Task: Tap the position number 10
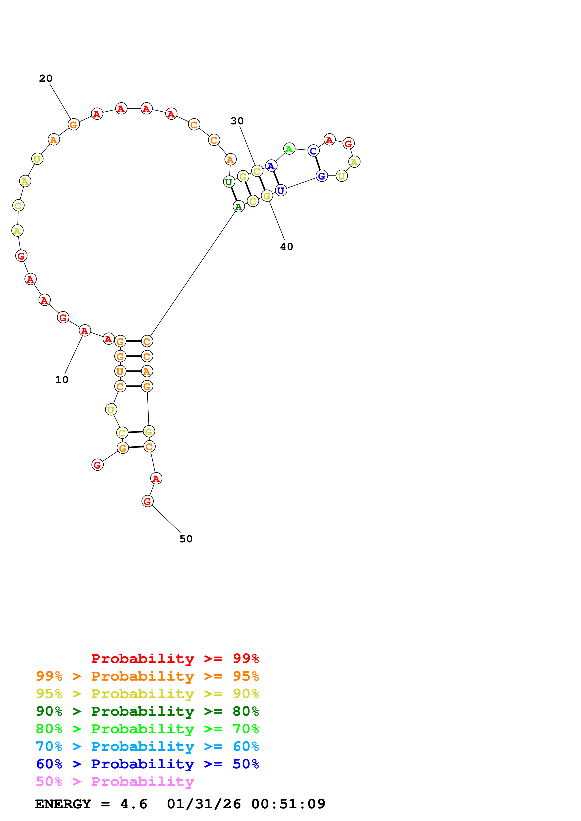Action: pyautogui.click(x=62, y=380)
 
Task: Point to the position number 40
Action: pyautogui.click(x=286, y=247)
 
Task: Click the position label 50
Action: pyautogui.click(x=186, y=539)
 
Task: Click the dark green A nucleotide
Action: pyautogui.click(x=238, y=206)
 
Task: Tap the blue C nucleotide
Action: pyautogui.click(x=313, y=151)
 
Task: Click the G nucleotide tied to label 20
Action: pyautogui.click(x=73, y=125)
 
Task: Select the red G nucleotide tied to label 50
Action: pyautogui.click(x=147, y=501)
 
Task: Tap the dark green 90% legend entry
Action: pyautogui.click(x=147, y=711)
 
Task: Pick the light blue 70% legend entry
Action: pyautogui.click(x=147, y=746)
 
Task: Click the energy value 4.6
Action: pyautogui.click(x=134, y=804)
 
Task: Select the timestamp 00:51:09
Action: pyautogui.click(x=288, y=804)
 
